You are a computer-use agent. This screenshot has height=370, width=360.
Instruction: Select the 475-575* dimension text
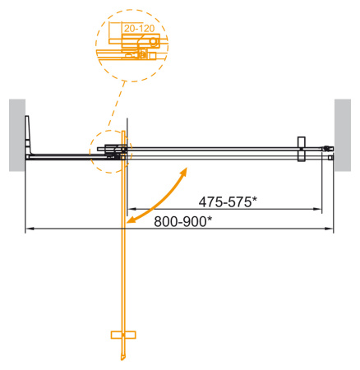[x=229, y=201]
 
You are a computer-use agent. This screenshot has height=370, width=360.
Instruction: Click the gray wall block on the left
[x=17, y=135]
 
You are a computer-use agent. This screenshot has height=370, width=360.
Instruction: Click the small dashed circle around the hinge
[x=111, y=151]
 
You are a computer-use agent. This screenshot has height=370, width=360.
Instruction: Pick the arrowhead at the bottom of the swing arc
[x=132, y=220]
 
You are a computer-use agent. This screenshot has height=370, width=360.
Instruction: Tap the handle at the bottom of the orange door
[x=122, y=335]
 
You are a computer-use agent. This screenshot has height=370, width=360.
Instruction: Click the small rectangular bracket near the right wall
[x=302, y=148]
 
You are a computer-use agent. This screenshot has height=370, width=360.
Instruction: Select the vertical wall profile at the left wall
[x=28, y=136]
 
